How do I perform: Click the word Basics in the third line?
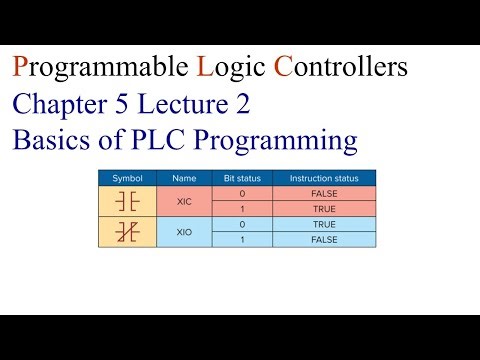coord(49,139)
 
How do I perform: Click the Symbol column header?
coord(127,178)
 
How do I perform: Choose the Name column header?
coord(183,178)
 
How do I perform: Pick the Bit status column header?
coord(241,178)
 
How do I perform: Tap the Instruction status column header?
coord(323,178)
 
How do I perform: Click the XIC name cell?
coord(183,201)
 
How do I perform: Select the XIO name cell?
coord(183,232)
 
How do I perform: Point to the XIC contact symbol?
coord(127,201)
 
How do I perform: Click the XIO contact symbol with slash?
coord(127,232)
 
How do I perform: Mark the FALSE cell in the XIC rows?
coord(323,193)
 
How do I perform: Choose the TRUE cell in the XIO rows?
coord(323,225)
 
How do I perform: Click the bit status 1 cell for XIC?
coord(241,209)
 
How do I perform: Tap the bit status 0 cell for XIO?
coord(241,225)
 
